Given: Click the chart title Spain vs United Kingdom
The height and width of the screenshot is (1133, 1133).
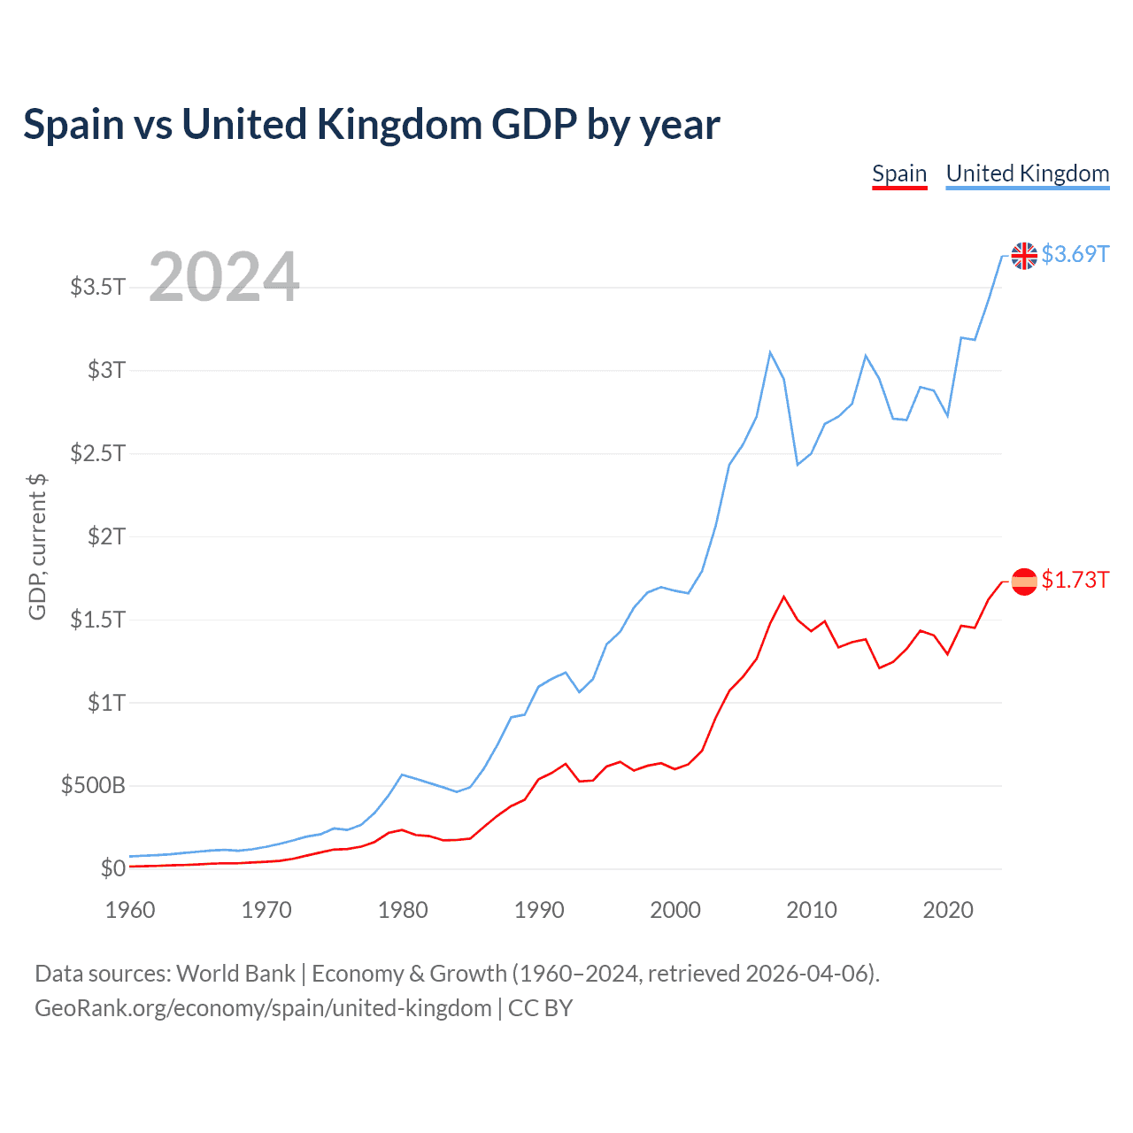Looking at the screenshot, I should coord(371,124).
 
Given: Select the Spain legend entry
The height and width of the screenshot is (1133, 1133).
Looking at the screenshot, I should coord(899,173).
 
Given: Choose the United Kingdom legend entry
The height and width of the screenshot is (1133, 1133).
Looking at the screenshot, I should coord(1027,173).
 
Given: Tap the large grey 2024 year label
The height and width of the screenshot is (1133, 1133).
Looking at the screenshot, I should coord(224,277).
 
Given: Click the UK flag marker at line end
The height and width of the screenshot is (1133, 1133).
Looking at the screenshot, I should coord(1024,256).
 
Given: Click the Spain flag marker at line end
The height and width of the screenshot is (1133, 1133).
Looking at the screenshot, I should coord(1024,582).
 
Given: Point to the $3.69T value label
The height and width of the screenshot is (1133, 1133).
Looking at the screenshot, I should coord(1075,255).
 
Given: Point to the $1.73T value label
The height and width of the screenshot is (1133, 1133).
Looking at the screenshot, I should coord(1075,581).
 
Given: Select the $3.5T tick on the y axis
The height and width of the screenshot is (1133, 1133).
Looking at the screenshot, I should coord(97,287).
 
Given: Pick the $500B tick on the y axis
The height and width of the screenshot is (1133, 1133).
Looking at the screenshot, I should coord(93,786).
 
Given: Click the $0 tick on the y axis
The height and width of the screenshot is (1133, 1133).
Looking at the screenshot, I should coord(112,869).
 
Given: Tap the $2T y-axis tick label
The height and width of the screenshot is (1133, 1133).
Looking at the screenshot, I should coord(106,536).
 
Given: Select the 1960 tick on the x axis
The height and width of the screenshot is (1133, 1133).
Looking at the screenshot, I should coord(130,911).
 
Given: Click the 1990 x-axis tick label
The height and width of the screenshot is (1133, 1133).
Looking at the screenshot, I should coord(539,911).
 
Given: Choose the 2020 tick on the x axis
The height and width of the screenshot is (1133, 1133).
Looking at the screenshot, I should coord(948,911).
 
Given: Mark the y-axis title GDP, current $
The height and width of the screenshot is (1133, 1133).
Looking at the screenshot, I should coord(37,547).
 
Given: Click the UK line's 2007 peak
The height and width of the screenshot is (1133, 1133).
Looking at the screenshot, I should coord(770,352).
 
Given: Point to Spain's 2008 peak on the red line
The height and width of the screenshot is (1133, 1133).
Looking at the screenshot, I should coord(784,597).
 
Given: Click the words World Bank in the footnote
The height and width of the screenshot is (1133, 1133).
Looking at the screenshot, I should coord(235,974).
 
